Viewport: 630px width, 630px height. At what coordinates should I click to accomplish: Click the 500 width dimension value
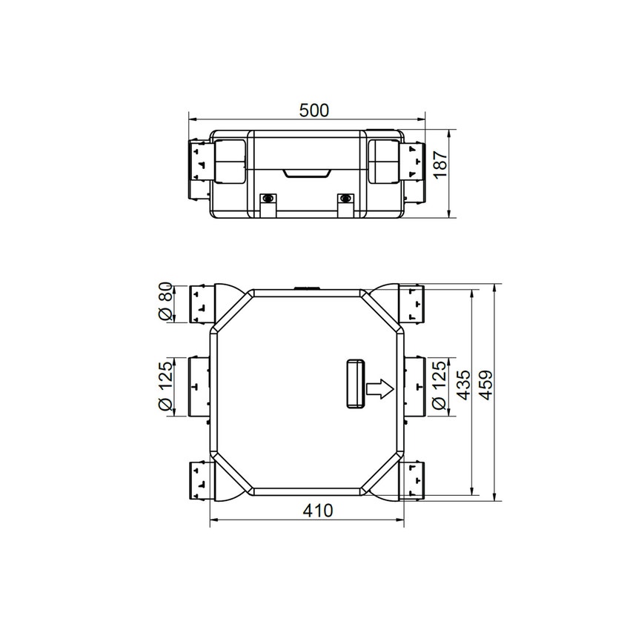click(314, 110)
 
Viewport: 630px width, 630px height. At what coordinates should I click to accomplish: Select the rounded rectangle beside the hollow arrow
click(354, 383)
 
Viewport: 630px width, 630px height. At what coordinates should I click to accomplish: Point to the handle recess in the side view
click(307, 173)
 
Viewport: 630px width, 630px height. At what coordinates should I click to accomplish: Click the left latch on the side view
click(268, 200)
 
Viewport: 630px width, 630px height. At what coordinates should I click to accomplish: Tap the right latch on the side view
click(344, 200)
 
